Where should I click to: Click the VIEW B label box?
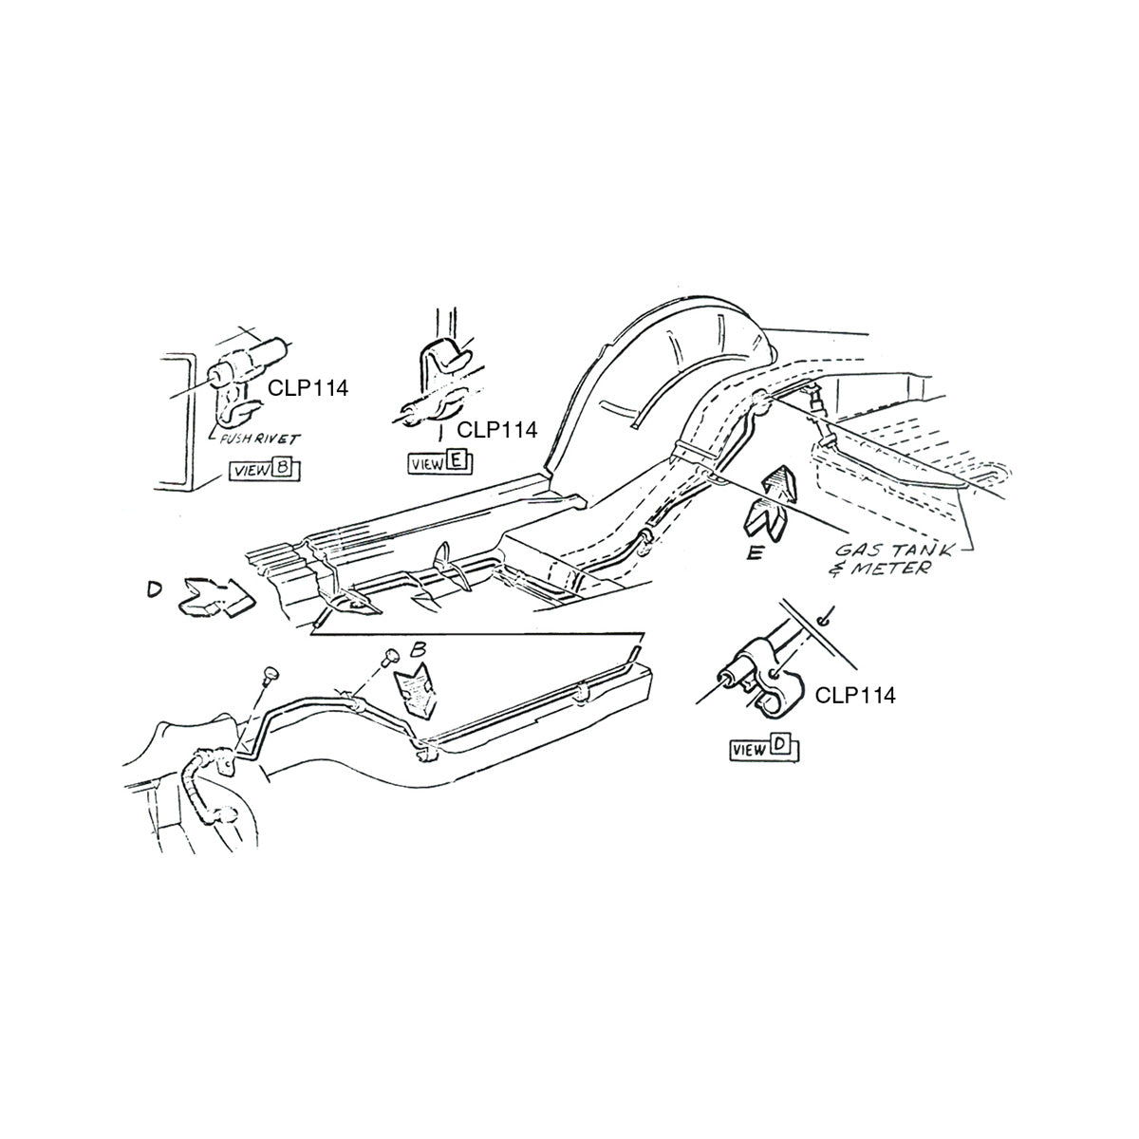click(x=264, y=471)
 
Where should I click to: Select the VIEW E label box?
click(x=441, y=463)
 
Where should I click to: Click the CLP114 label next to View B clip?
click(x=308, y=388)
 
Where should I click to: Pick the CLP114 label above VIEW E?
click(x=497, y=430)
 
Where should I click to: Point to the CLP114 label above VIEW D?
click(x=855, y=695)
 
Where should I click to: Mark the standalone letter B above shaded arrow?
click(x=419, y=649)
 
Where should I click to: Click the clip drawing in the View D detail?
click(x=761, y=680)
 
